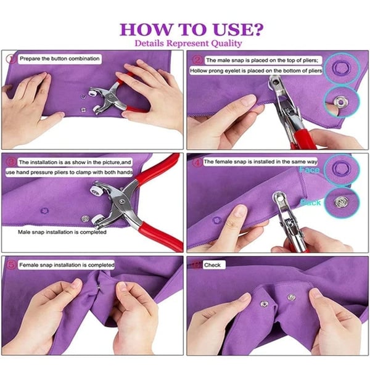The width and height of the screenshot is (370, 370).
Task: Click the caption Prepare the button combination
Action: point(59,59)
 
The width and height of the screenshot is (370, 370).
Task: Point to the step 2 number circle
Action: point(197,60)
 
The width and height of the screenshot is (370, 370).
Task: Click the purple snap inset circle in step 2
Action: point(337,66)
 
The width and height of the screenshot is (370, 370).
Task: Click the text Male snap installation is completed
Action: point(62,232)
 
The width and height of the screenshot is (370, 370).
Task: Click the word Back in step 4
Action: point(310,202)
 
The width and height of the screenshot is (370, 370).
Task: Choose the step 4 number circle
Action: point(197,162)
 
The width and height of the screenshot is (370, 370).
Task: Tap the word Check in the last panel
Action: point(213,265)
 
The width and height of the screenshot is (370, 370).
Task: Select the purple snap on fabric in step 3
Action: point(43,210)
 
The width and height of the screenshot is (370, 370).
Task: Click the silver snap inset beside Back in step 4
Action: point(338,201)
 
